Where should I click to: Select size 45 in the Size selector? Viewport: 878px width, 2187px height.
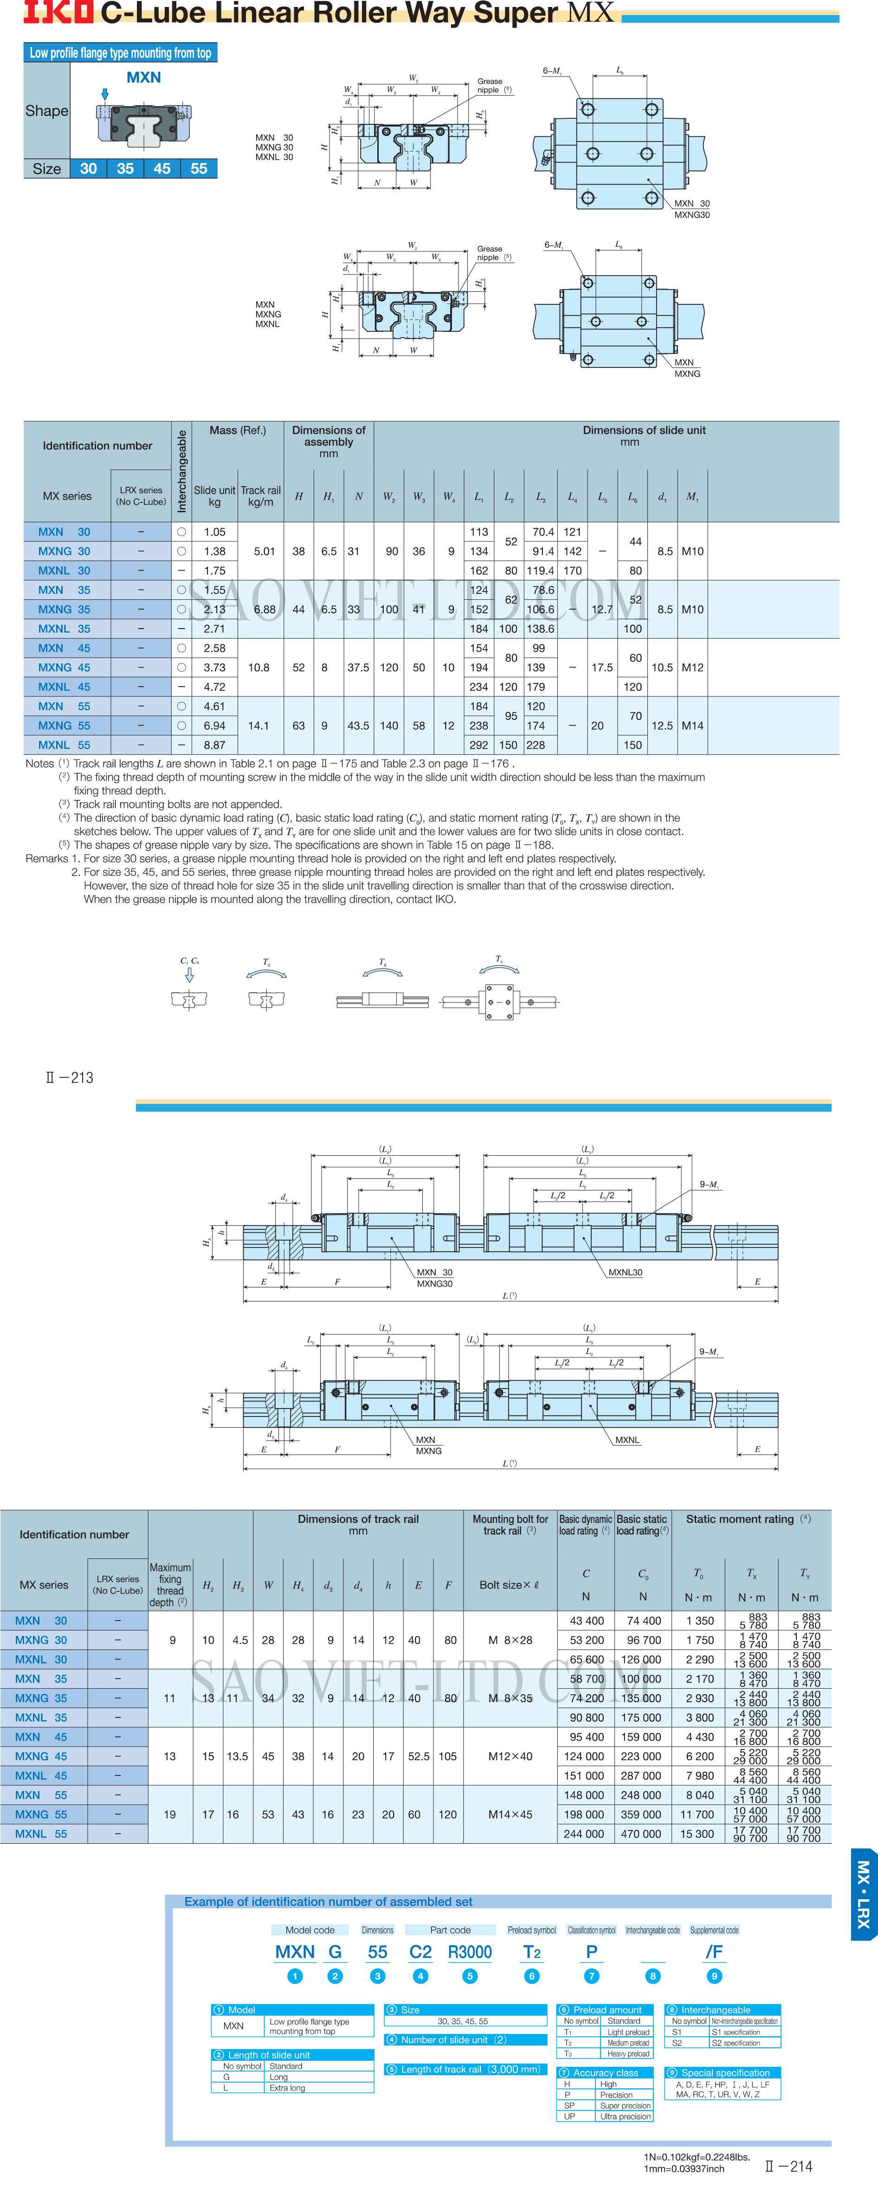pos(162,168)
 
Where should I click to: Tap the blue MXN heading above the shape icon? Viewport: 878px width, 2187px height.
pos(143,77)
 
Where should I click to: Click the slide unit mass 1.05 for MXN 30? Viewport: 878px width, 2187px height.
pos(215,532)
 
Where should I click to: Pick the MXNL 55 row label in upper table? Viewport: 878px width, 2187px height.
pos(64,745)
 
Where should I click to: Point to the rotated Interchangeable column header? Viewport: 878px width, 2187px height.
pos(181,471)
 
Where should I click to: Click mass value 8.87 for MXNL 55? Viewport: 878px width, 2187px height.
pos(215,745)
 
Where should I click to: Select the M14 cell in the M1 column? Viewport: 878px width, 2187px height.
pos(693,725)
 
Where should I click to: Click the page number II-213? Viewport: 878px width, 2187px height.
pos(70,1077)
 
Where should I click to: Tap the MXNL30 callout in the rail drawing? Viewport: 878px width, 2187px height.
pos(625,1272)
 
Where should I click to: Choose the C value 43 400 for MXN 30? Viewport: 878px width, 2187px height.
pos(587,1620)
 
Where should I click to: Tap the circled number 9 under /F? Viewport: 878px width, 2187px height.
pos(714,1975)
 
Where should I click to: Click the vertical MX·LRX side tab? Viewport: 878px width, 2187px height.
pos(864,1894)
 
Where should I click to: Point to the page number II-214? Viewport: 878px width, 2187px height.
pos(788,2165)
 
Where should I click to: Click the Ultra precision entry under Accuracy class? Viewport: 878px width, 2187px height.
pos(625,2116)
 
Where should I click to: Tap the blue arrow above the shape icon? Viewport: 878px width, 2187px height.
pos(105,94)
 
